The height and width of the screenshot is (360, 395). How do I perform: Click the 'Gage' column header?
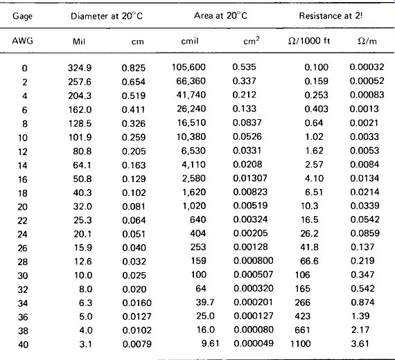[22, 17]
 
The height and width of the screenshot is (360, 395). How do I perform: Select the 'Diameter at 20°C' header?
[107, 16]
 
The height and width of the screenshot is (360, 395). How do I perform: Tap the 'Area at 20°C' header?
[220, 16]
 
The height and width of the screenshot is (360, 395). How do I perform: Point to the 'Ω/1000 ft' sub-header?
[309, 41]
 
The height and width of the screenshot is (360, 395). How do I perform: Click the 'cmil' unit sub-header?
[190, 41]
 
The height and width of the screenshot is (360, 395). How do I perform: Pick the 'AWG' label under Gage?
[22, 41]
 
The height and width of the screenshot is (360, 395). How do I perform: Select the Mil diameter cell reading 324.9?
[80, 68]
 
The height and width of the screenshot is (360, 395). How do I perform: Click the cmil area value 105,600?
[188, 67]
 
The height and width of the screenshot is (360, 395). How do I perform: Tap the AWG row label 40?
[23, 344]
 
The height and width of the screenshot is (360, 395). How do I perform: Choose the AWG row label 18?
[23, 193]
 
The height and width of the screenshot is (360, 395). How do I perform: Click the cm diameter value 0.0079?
[137, 344]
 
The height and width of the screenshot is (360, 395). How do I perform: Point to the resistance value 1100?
[300, 343]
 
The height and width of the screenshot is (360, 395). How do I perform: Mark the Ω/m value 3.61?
[360, 343]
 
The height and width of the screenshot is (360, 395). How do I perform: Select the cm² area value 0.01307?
[250, 178]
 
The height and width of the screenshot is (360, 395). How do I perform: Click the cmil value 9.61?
[211, 343]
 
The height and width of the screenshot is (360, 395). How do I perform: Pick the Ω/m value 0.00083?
[367, 95]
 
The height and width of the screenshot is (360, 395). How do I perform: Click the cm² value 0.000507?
[253, 274]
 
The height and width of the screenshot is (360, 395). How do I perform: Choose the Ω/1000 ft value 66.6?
[309, 261]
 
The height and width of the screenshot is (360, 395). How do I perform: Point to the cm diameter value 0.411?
[134, 109]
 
